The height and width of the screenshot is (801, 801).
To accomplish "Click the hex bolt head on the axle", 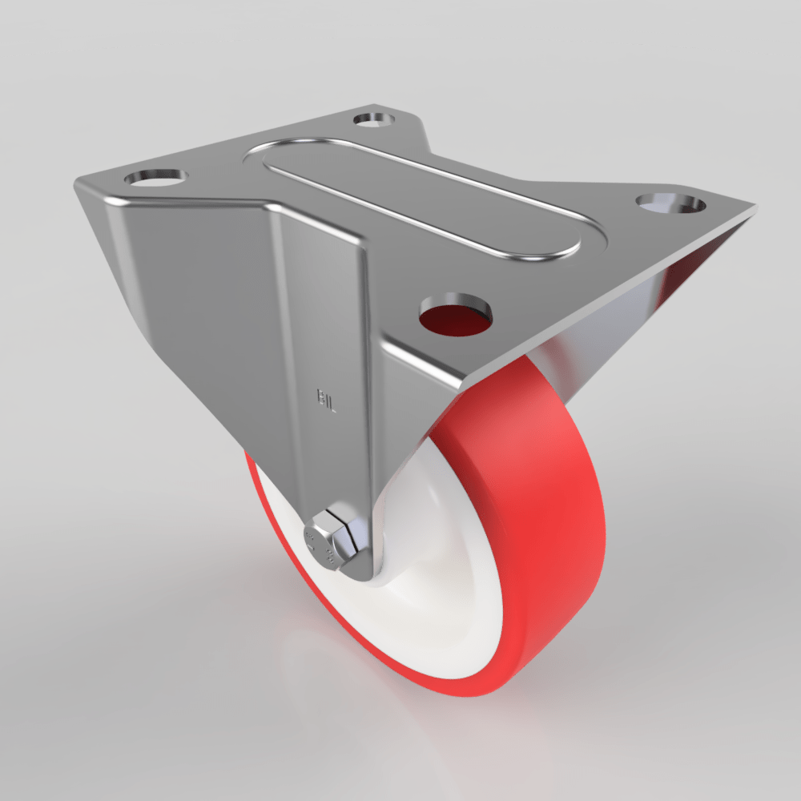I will click(x=323, y=541).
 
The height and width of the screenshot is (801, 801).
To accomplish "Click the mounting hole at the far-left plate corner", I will click(x=155, y=175).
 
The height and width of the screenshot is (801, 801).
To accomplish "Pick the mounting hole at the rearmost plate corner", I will click(x=373, y=119).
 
